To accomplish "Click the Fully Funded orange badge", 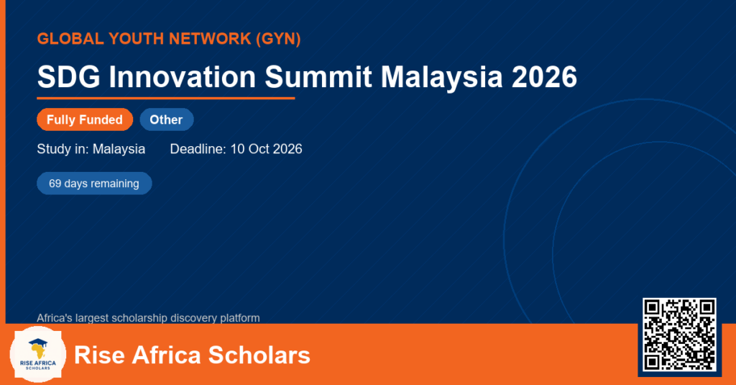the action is (85, 119).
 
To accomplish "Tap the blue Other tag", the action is (167, 119).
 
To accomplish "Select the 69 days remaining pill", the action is (94, 184).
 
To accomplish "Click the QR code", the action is (679, 335).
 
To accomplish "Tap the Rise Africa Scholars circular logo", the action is (38, 354).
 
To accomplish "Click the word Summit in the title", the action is (318, 76).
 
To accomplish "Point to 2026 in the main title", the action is (544, 76).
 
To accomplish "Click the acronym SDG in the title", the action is (68, 76).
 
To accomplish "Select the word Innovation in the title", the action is (182, 76).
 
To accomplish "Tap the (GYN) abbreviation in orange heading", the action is (278, 39).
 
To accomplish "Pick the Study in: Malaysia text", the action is (91, 149).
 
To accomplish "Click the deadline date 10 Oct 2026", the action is (266, 149).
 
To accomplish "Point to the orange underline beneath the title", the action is (166, 99).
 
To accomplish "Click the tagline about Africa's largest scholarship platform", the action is (148, 318).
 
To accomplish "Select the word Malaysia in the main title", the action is (442, 76).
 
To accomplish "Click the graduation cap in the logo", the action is (38, 343).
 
